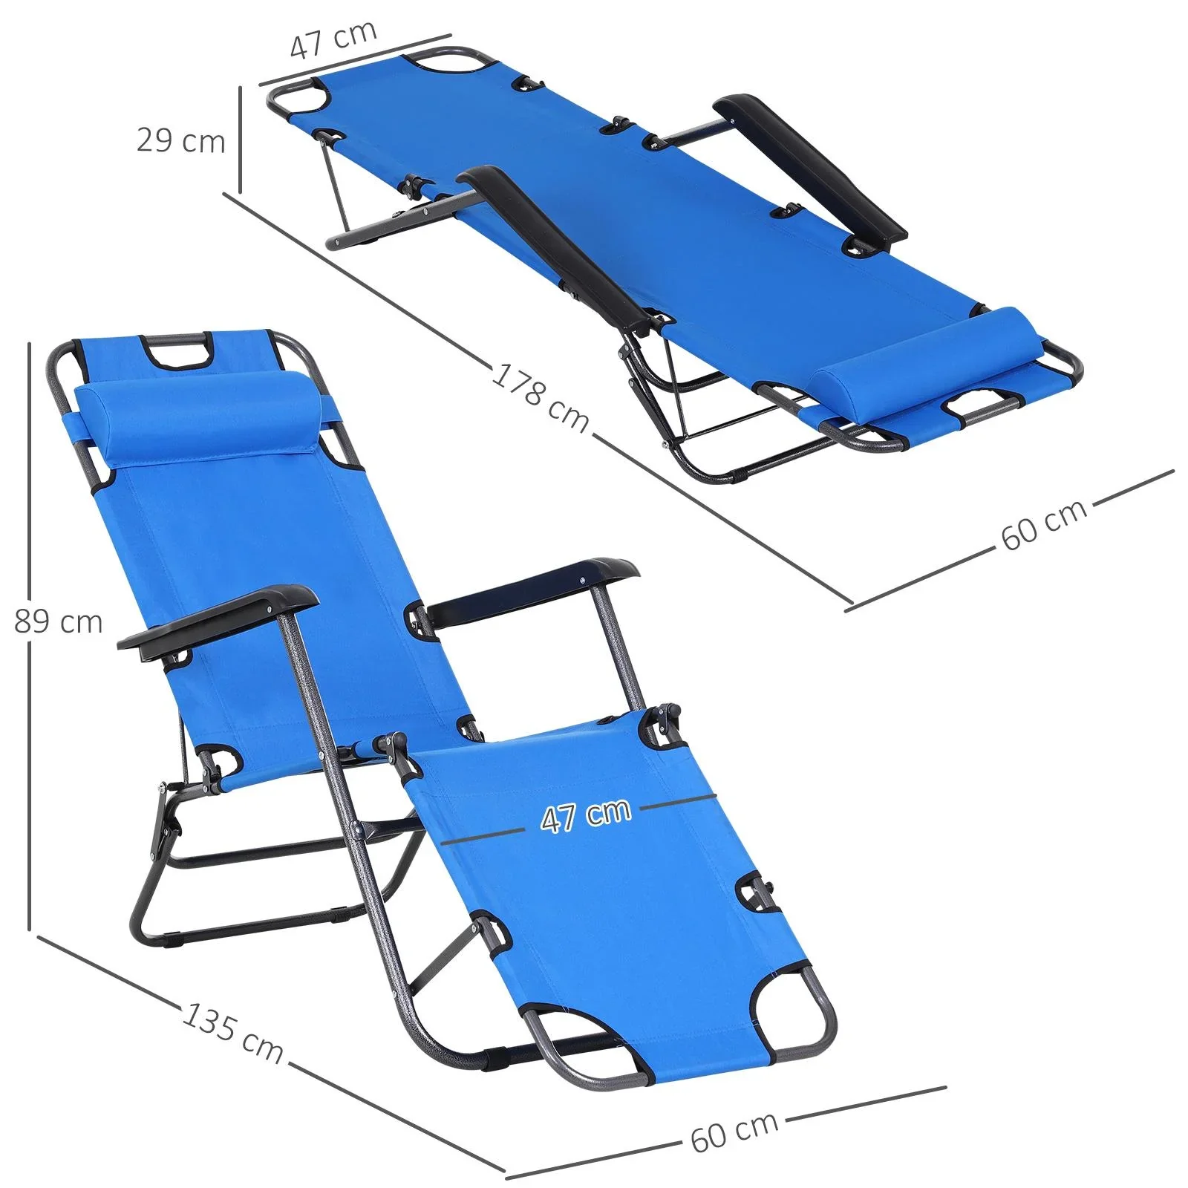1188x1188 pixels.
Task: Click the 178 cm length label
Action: (x=540, y=397)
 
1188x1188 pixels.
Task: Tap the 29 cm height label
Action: (x=180, y=140)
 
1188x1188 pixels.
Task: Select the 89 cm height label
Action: (x=58, y=621)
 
